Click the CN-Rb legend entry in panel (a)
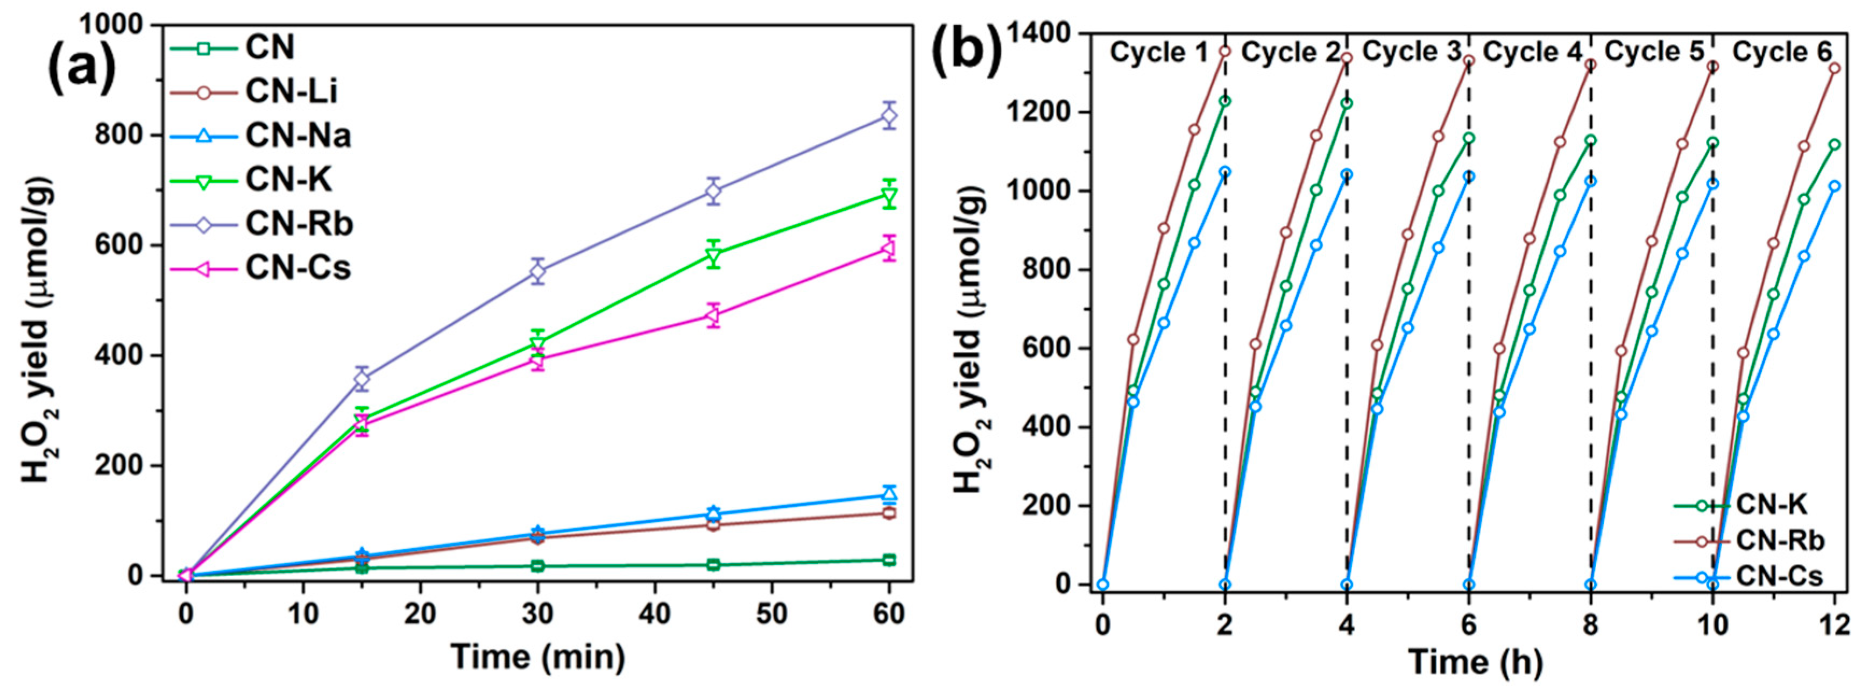pyautogui.click(x=299, y=224)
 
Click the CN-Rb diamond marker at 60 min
pyautogui.click(x=889, y=116)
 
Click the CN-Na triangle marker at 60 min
pyautogui.click(x=889, y=495)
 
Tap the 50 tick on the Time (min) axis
pyautogui.click(x=771, y=615)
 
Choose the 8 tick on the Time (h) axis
pyautogui.click(x=1590, y=623)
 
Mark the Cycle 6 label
pyautogui.click(x=1782, y=52)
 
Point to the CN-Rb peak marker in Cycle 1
pyautogui.click(x=1224, y=51)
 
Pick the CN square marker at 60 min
pyautogui.click(x=889, y=560)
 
